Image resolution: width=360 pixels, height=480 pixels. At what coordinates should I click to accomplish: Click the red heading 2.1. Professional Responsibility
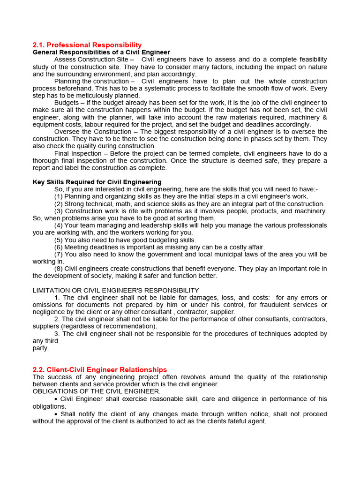pos(87,45)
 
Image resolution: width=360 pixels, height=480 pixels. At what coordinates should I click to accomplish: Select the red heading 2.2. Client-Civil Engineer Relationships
pos(99,370)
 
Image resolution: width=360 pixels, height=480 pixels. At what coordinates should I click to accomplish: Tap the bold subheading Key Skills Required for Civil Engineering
pos(97,182)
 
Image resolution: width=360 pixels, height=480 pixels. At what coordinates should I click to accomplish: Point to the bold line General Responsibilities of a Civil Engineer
pos(101,52)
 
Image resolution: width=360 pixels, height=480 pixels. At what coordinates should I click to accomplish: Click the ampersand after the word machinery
pos(324,117)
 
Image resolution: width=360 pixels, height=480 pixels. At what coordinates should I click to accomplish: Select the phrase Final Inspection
pos(78,153)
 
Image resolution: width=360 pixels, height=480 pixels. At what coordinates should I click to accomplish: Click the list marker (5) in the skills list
pos(59,240)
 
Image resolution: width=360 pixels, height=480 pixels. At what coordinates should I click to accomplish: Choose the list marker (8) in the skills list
pos(59,269)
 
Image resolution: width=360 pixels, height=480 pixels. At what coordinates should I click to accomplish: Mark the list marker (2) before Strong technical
pos(59,204)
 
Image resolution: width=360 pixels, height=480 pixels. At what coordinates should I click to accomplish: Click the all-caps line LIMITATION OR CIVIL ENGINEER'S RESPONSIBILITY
pos(116,291)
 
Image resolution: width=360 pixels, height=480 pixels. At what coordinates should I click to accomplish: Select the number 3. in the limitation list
pos(57,334)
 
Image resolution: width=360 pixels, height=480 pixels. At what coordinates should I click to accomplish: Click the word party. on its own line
pos(41,348)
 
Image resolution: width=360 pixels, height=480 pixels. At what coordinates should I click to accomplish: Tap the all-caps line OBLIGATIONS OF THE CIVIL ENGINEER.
pos(97,391)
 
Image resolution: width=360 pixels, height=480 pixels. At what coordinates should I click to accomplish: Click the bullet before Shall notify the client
pos(56,414)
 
